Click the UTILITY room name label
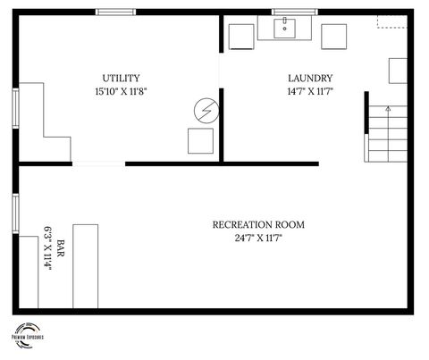121,78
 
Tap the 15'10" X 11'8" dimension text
121,91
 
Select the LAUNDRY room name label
310,78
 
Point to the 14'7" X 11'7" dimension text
310,91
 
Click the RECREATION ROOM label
258,224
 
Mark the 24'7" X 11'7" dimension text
258,238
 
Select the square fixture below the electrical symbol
200,141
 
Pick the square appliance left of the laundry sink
241,37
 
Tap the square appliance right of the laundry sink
334,37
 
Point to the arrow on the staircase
387,110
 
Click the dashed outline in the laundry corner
391,21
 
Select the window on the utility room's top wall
115,12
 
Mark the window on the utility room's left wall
14,107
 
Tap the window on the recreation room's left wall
14,213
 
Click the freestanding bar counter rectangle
85,265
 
